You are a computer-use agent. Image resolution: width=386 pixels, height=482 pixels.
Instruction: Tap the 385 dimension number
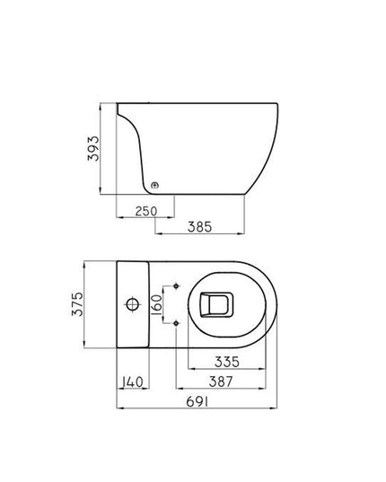coord(199,227)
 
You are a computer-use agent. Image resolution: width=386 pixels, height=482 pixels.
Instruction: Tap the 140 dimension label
coord(132,381)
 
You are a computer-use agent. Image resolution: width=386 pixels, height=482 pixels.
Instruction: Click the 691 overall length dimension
coord(197,403)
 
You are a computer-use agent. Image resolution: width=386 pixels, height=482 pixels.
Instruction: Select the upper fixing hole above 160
coord(176,286)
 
